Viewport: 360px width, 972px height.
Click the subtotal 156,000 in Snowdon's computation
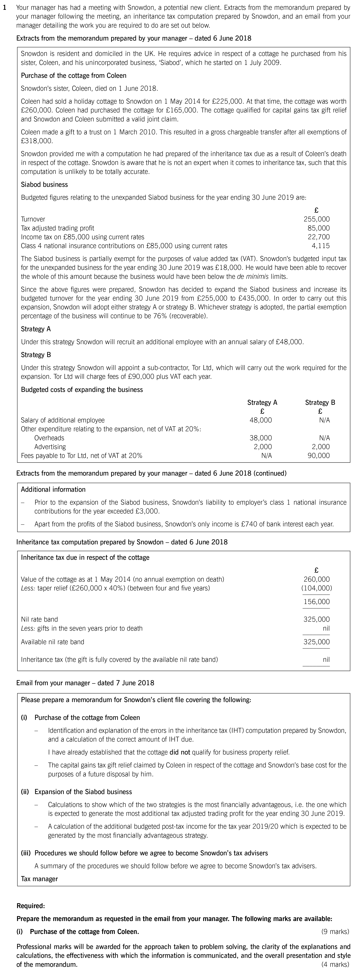coord(316,602)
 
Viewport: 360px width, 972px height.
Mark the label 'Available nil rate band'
coord(52,642)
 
